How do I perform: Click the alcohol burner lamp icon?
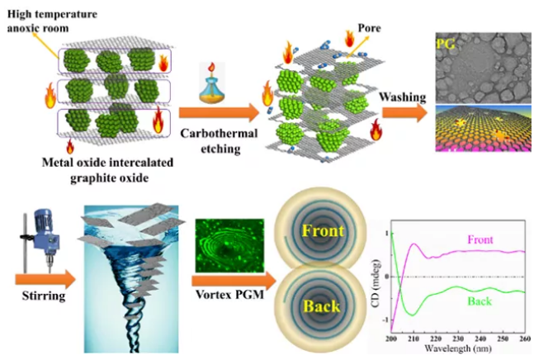[x=212, y=83]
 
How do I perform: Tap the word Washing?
[x=403, y=97]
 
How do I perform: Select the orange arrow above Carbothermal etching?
[x=220, y=113]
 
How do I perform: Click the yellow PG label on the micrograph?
[x=446, y=44]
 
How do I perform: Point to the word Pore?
[x=369, y=27]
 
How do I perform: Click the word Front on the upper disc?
[x=323, y=230]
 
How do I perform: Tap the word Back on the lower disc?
[x=322, y=306]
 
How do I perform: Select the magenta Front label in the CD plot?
[x=480, y=239]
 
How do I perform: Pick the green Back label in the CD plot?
[x=480, y=301]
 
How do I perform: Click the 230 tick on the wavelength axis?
[x=458, y=339]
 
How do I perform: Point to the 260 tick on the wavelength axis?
[x=525, y=339]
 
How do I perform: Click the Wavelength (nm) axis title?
[x=458, y=348]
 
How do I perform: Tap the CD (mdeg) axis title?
[x=376, y=284]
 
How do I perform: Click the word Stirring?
[x=43, y=296]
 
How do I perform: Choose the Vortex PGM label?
[x=230, y=294]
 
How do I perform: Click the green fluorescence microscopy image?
[x=229, y=245]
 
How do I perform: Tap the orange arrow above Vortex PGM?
[x=234, y=282]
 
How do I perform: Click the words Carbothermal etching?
[x=220, y=140]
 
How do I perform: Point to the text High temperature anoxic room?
[x=52, y=21]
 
